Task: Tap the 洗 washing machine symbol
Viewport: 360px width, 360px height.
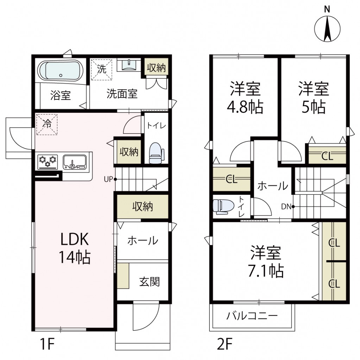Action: [102, 70]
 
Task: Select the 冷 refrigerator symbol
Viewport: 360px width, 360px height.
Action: [47, 124]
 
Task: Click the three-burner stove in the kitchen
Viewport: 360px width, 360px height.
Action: [48, 162]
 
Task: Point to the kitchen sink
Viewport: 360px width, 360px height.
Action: [75, 162]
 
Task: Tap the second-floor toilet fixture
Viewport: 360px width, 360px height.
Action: [223, 206]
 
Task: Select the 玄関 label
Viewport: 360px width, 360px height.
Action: [150, 282]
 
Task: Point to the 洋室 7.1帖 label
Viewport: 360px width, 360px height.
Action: [266, 261]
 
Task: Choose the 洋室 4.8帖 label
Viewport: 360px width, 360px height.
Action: [245, 97]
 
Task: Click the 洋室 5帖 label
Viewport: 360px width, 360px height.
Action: [314, 97]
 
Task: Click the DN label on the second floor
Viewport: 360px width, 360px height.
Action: [286, 207]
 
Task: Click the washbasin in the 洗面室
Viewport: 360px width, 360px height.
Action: [129, 65]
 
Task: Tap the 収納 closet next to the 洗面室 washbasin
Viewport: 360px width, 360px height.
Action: [156, 67]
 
